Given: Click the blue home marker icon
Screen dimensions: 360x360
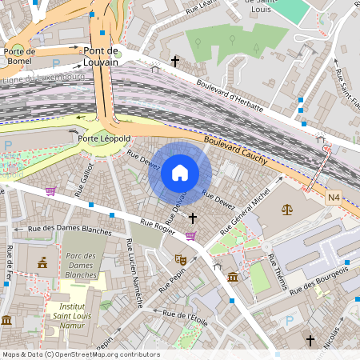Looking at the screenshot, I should tap(180, 173).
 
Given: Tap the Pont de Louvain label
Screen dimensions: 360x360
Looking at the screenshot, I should tap(101, 56).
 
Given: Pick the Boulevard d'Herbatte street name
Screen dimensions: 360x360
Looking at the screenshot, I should tap(229, 94).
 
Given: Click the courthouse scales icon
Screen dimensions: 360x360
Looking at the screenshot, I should tap(286, 210).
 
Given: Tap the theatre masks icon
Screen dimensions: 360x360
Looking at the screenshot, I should tap(181, 259).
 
